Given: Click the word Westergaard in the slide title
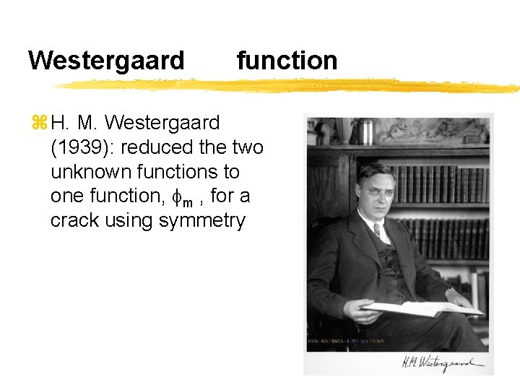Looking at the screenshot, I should (106, 60).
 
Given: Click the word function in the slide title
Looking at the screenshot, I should (287, 60).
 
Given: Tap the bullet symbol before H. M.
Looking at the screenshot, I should (38, 124).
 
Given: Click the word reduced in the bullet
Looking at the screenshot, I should (156, 147).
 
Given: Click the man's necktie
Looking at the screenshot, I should (377, 231).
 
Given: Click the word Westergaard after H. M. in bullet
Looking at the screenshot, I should (162, 123).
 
